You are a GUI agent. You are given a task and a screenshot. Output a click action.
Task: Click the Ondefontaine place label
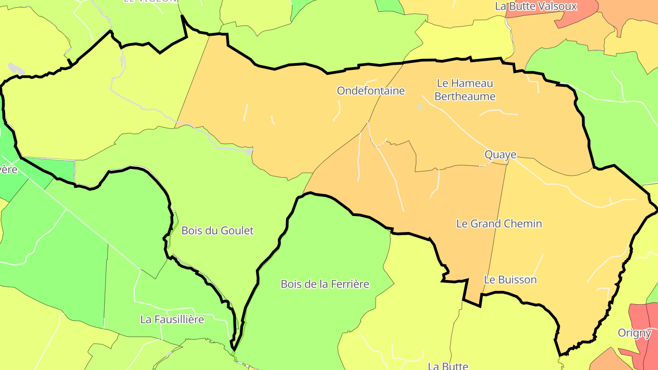point(371,91)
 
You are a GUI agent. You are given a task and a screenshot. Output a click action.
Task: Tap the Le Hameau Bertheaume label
point(465,90)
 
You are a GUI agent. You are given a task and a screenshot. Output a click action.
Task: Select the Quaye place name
point(500,155)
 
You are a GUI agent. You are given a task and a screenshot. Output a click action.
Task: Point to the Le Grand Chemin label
point(499,224)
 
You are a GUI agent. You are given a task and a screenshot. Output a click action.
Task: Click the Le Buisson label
point(510,280)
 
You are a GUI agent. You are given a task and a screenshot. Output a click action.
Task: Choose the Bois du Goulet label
point(217,231)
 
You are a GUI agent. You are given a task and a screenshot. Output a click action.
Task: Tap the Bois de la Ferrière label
point(324,284)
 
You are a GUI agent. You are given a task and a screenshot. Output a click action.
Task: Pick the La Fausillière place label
point(172,320)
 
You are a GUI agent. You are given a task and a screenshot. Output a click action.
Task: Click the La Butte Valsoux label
point(536,6)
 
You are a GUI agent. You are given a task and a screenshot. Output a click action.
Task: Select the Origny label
point(634,333)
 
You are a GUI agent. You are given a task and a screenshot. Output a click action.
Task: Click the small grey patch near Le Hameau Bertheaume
point(420,107)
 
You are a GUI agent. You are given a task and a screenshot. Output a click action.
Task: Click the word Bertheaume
point(465,96)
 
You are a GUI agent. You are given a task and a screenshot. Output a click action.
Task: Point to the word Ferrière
point(348,284)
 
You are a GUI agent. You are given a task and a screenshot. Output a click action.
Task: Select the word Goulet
point(237,231)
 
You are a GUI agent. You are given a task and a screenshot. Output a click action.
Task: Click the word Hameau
point(472,84)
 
